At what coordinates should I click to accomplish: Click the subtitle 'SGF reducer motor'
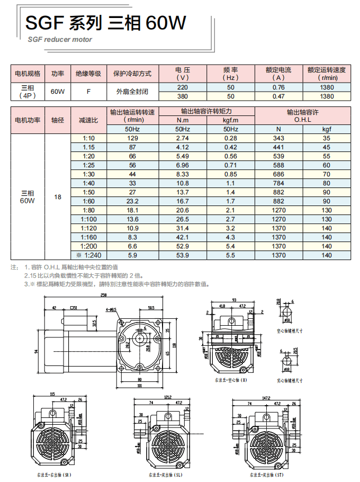click(x=60, y=39)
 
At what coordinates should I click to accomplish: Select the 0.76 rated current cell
click(x=278, y=87)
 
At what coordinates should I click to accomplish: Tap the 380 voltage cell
click(x=182, y=96)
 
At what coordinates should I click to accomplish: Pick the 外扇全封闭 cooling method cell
click(x=133, y=91)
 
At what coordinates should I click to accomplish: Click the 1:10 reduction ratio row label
click(x=88, y=138)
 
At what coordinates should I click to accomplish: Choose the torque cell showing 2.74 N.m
click(x=182, y=138)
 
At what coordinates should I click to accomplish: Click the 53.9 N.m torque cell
click(x=182, y=255)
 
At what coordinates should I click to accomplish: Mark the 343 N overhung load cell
click(x=278, y=138)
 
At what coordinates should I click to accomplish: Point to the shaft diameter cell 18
click(x=58, y=197)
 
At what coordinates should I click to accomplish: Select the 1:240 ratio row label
click(x=88, y=255)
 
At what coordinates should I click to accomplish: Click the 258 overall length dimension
click(x=103, y=295)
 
